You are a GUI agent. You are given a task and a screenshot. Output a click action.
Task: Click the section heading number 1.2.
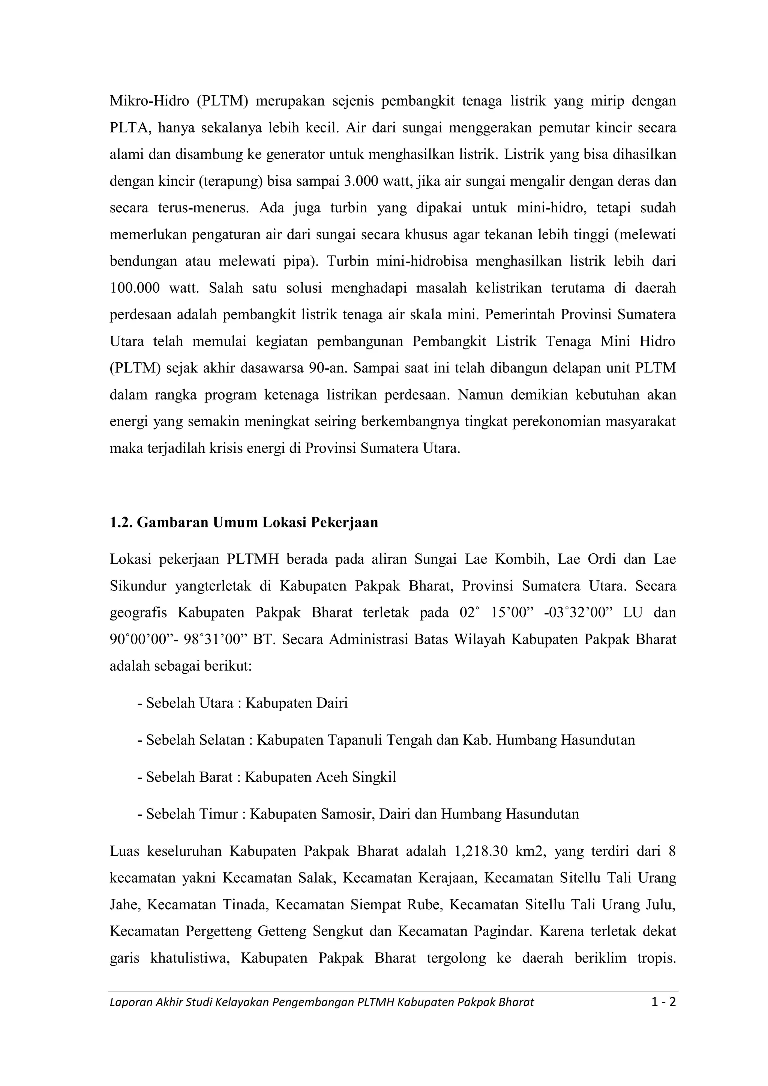coord(121,523)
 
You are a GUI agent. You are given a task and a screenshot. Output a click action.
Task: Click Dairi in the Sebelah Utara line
coord(332,703)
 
